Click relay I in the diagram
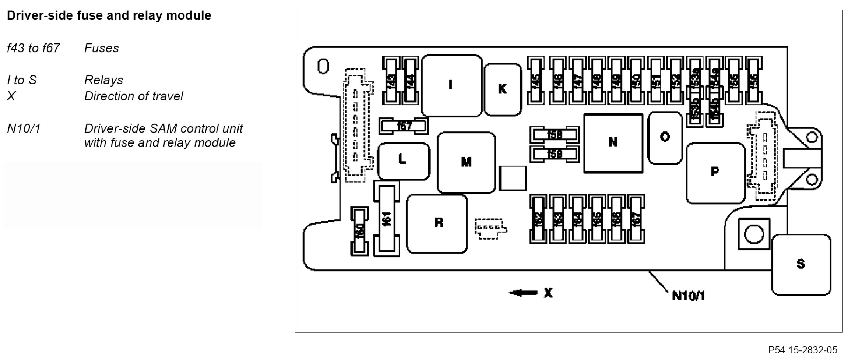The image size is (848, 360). click(x=451, y=85)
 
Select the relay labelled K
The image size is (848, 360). click(x=503, y=89)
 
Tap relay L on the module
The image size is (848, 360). click(x=403, y=161)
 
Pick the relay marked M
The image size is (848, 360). click(x=466, y=162)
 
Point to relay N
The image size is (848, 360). click(x=613, y=142)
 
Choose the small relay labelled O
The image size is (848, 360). click(x=665, y=138)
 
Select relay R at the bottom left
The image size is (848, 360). click(x=437, y=223)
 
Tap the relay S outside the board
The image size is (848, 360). click(x=801, y=264)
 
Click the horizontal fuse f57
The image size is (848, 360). click(x=404, y=126)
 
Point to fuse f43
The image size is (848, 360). click(x=391, y=80)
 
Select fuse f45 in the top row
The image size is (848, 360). click(x=536, y=80)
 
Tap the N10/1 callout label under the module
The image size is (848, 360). click(x=688, y=296)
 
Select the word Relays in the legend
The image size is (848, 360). click(x=103, y=80)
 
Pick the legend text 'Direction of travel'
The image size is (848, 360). click(x=133, y=96)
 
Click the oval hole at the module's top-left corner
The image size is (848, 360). click(x=323, y=66)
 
